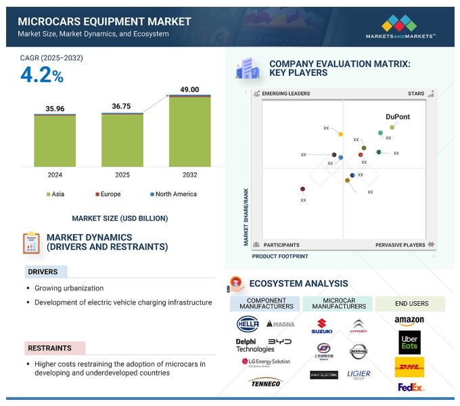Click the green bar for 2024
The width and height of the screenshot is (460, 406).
55,141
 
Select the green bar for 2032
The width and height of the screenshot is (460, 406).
189,132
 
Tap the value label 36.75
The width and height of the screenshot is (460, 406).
122,106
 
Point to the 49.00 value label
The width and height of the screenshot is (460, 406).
189,89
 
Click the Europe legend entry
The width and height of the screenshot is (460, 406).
108,194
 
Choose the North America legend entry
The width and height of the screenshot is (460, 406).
173,194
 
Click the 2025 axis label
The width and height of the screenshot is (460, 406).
122,175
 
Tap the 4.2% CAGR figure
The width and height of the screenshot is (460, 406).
42,76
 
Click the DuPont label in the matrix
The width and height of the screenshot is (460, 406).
398,116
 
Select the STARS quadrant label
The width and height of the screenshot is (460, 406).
416,93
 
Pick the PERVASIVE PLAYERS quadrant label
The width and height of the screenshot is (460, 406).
400,245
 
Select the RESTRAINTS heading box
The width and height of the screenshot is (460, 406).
49,348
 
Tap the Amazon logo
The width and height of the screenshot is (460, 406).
409,320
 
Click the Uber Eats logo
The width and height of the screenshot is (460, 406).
409,342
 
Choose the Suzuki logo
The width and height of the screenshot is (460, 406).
321,326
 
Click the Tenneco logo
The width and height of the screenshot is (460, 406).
264,383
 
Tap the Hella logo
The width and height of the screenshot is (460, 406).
248,323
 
